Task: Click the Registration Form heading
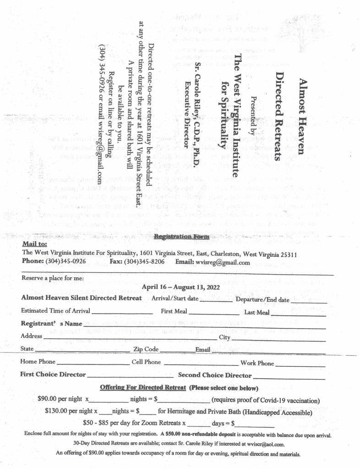(x=181, y=237)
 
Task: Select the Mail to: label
(x=34, y=245)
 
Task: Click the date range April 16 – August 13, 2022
(x=181, y=287)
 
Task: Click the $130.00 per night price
(x=68, y=412)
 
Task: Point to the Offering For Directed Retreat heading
(x=142, y=388)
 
